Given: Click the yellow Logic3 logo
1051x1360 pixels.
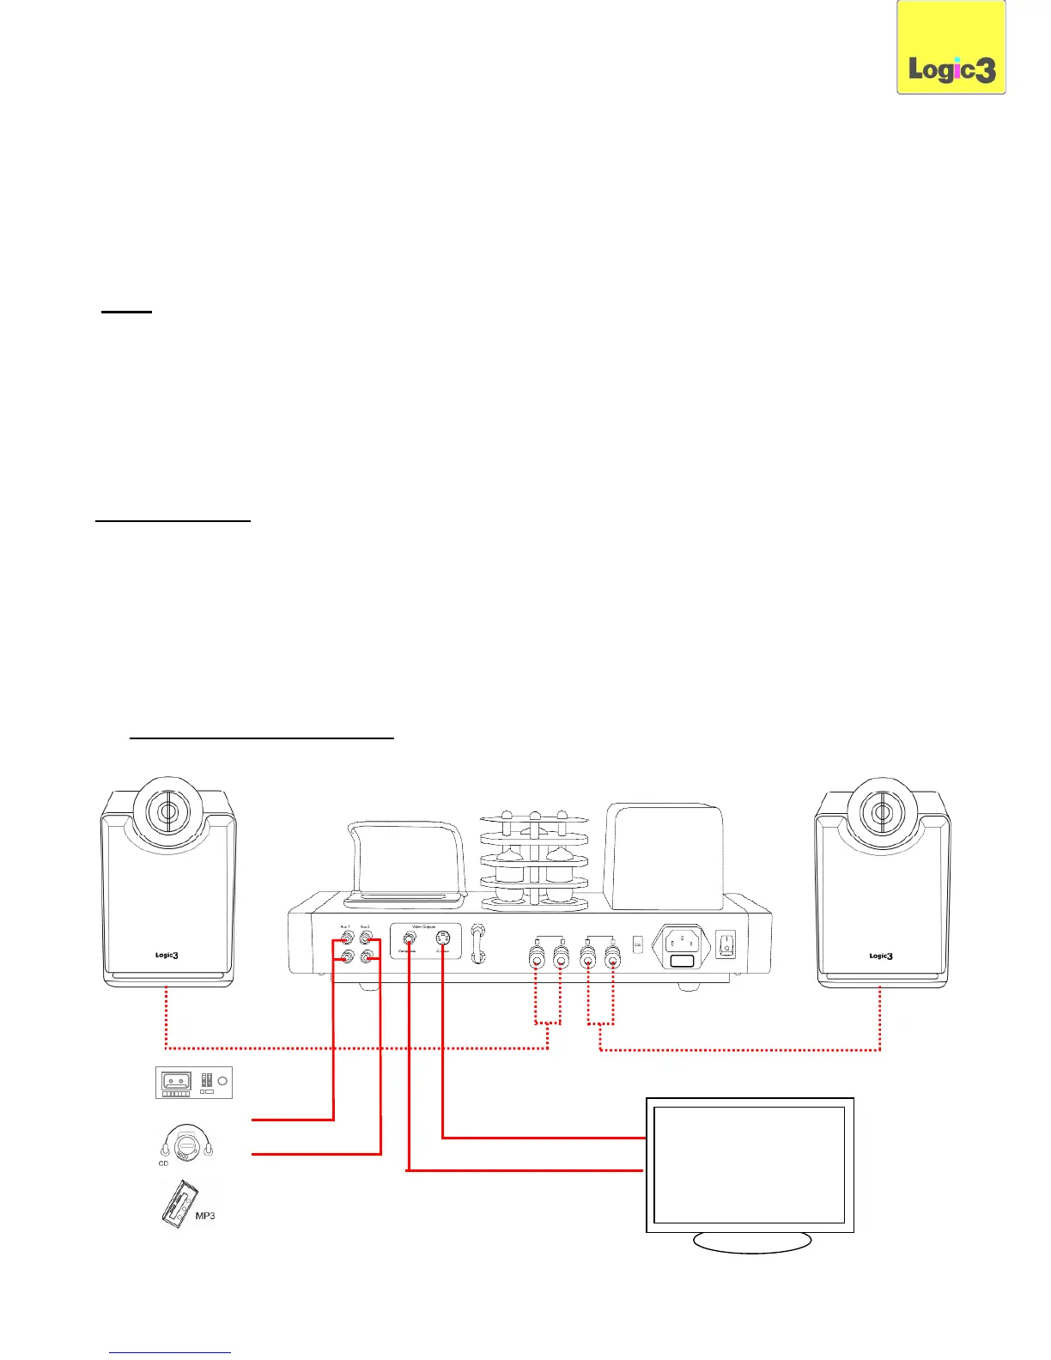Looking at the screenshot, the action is click(951, 48).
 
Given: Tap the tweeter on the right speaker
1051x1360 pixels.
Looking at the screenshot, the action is click(881, 811).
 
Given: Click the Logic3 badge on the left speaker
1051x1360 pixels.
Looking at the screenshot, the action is click(167, 955).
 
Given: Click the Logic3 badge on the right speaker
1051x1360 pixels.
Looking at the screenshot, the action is click(881, 956).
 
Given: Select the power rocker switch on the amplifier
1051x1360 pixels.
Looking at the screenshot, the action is click(726, 945).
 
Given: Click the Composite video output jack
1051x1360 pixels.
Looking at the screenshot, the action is click(410, 938).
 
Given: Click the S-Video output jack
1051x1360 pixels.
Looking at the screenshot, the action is click(443, 938).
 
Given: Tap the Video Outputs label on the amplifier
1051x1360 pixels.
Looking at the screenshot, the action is click(424, 926).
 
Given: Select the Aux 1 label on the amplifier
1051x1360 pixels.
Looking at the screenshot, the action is click(346, 926).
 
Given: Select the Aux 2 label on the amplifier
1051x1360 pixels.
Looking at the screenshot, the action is click(366, 926).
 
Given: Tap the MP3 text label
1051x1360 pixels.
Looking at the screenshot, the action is click(205, 1216).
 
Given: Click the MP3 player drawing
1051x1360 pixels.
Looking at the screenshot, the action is click(178, 1205).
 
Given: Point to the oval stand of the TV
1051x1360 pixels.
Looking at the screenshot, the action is click(751, 1242).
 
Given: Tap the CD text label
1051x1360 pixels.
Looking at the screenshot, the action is click(163, 1163).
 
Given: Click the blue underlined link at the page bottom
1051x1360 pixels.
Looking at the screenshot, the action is click(170, 1352).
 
